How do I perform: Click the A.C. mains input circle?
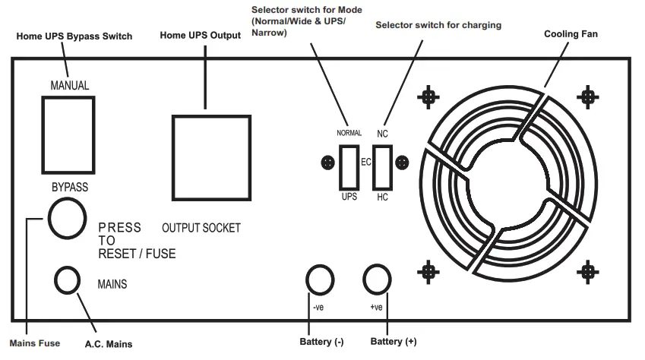click(x=68, y=279)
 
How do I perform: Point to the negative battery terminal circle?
click(x=319, y=280)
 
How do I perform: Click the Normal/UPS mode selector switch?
click(x=349, y=166)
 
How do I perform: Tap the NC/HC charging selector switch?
click(x=381, y=166)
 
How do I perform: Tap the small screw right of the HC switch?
click(x=403, y=163)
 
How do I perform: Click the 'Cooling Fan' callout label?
click(x=571, y=35)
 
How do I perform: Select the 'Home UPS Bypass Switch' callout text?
click(x=74, y=36)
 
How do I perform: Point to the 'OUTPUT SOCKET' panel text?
click(x=201, y=228)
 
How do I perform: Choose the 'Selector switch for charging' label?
click(x=438, y=25)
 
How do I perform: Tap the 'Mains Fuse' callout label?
click(x=34, y=343)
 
